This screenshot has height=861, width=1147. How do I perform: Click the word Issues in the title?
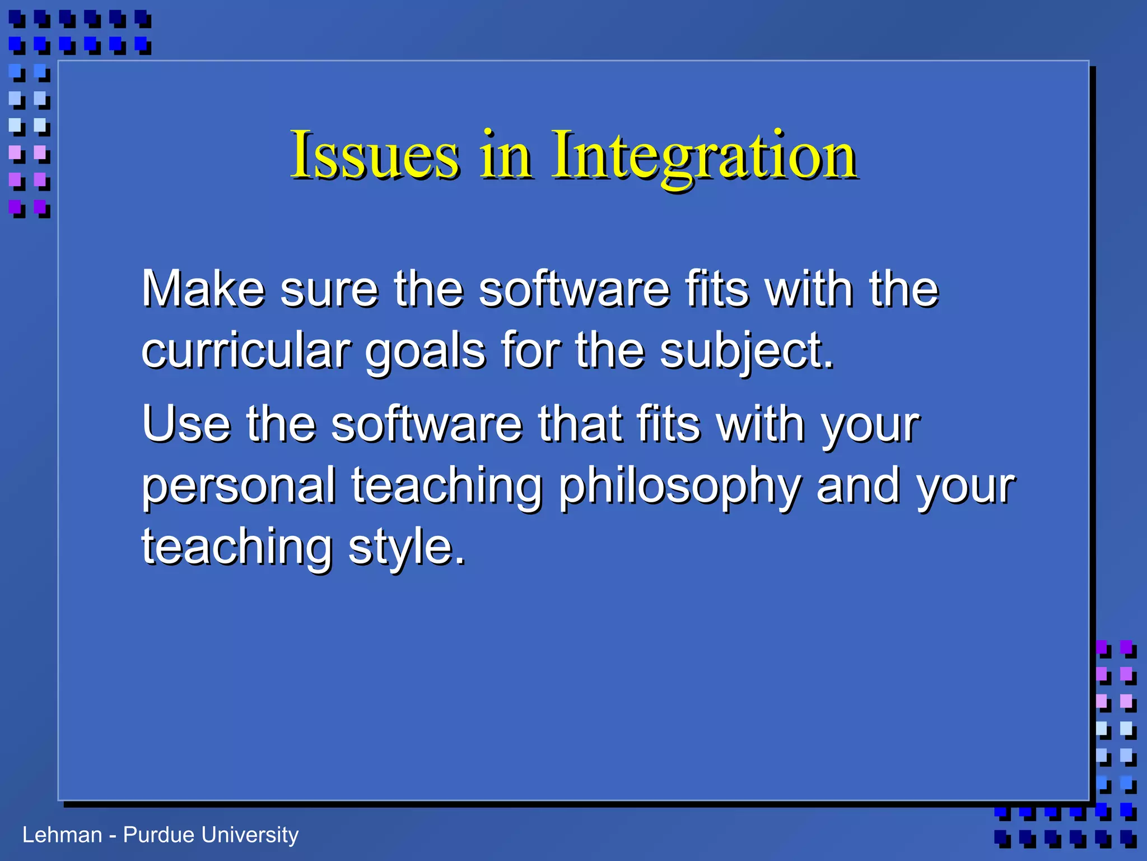click(x=374, y=155)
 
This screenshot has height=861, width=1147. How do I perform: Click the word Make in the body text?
click(x=203, y=289)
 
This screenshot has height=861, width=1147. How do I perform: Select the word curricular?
click(x=246, y=351)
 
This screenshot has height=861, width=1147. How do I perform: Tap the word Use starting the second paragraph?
click(x=186, y=424)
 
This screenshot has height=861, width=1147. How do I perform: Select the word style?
click(x=407, y=548)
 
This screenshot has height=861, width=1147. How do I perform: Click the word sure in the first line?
click(x=329, y=290)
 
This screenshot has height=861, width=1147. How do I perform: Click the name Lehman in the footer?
click(x=62, y=835)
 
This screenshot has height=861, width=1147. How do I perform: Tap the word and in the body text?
click(x=858, y=487)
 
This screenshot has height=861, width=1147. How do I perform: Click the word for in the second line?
click(x=530, y=351)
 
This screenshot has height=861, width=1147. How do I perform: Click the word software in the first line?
click(x=574, y=289)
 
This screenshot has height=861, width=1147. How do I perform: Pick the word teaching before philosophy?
click(x=447, y=487)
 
